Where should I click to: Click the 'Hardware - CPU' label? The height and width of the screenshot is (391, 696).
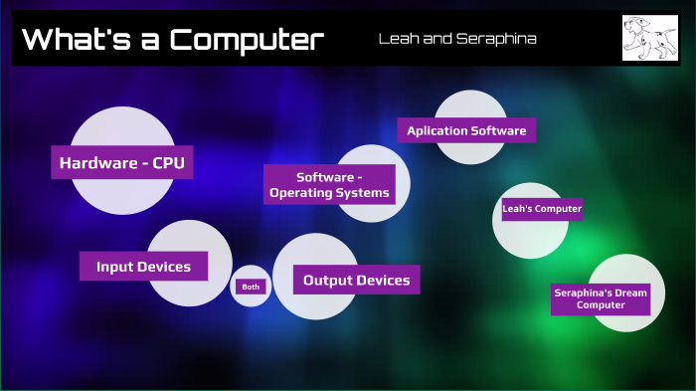tap(122, 162)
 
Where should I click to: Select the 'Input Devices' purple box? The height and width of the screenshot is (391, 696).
tap(143, 267)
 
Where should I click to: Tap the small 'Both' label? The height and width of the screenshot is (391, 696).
tap(250, 287)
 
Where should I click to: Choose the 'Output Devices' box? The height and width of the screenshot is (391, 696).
tap(357, 281)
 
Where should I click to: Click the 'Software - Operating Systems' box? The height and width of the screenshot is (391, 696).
tap(330, 185)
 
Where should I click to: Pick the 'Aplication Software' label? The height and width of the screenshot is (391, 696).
tap(466, 130)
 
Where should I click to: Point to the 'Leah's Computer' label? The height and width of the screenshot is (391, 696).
tap(542, 209)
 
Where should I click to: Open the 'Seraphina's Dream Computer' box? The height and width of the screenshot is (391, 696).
tap(601, 298)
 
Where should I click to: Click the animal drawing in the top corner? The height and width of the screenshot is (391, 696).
tap(649, 38)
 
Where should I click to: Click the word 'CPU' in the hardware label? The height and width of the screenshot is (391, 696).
tap(168, 162)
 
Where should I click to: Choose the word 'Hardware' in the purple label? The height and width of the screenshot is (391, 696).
tap(96, 162)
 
